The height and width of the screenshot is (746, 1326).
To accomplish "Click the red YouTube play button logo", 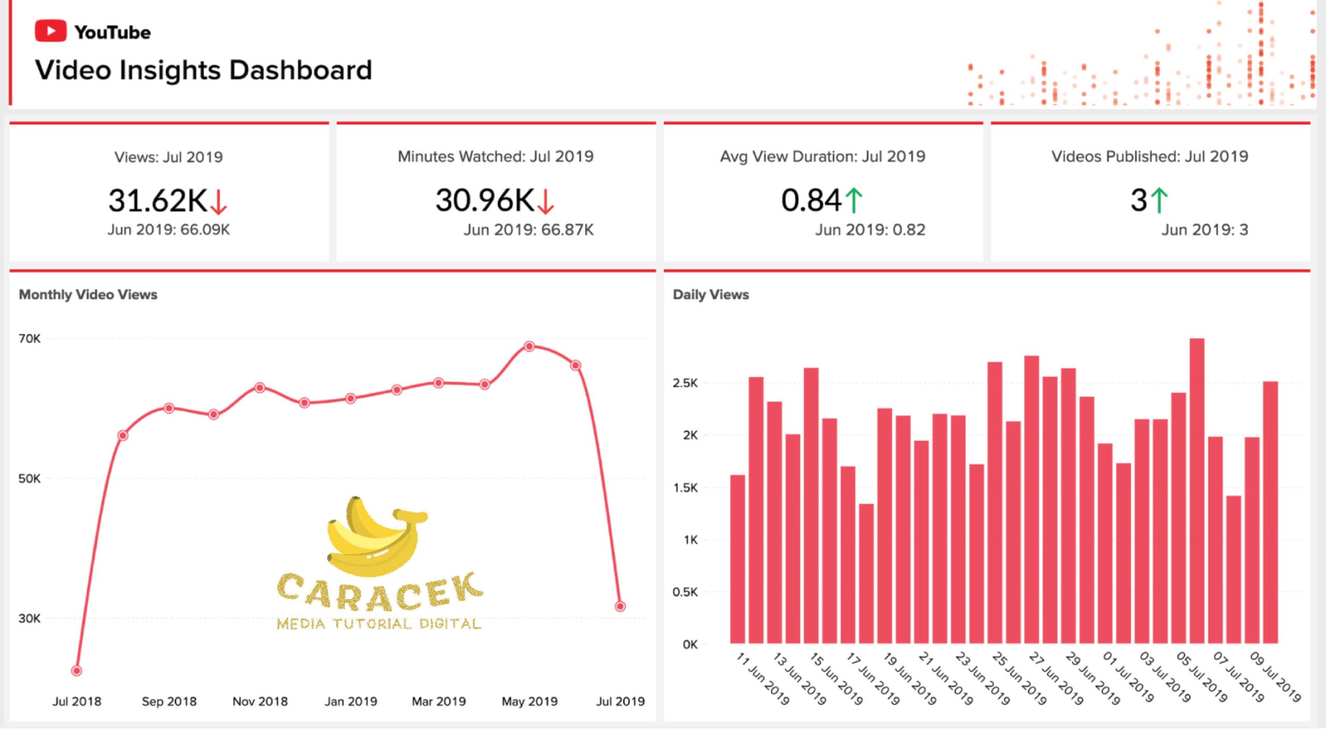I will click(50, 31).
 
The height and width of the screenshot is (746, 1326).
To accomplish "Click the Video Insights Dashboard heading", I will click(204, 70).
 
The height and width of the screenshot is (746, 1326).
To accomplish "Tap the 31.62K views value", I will click(158, 200).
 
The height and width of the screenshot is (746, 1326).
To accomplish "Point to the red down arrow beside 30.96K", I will click(546, 202).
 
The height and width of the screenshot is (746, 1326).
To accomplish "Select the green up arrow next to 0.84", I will click(854, 200).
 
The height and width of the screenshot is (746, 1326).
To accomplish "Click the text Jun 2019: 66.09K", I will click(168, 229).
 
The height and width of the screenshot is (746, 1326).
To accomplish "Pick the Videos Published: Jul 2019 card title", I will click(1149, 156).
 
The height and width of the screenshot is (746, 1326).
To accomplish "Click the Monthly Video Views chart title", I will click(88, 294).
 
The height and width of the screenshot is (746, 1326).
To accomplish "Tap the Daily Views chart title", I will click(711, 294).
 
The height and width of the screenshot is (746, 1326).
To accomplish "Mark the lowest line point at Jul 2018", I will click(77, 671).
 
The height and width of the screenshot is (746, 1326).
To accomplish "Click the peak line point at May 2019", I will click(529, 346).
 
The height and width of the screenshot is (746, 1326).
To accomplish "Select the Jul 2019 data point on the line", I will click(620, 606).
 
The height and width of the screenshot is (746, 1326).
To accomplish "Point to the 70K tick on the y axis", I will click(30, 339).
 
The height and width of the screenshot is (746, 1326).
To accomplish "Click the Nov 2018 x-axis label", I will click(260, 701).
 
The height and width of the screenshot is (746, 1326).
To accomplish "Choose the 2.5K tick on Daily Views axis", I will click(685, 383).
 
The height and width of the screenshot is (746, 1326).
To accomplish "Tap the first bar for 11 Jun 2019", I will click(738, 559).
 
